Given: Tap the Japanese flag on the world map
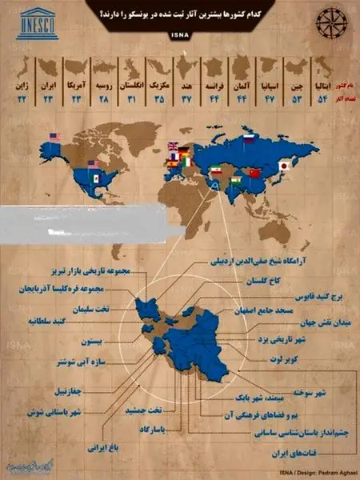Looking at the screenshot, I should point(283,166).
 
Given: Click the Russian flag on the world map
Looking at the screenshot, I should point(248,138).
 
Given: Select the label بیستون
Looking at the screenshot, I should point(86,341).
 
